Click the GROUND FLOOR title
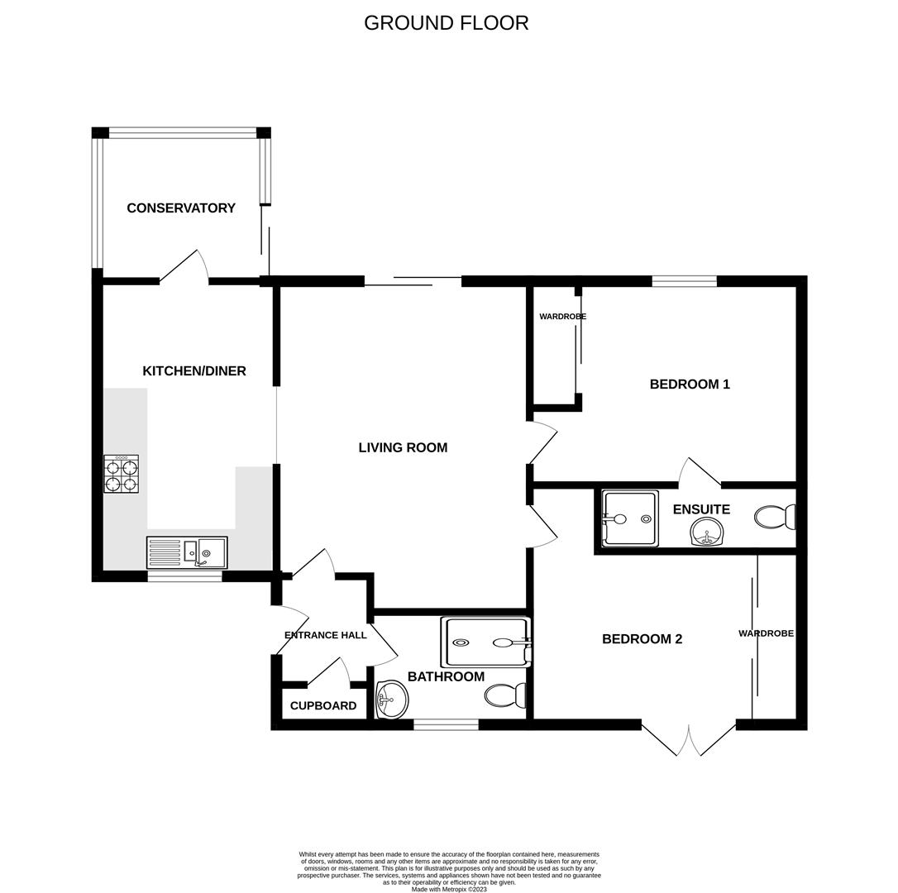[x=446, y=23]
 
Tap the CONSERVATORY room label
[x=181, y=208]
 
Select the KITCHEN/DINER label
[x=194, y=371]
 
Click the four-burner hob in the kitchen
[x=121, y=474]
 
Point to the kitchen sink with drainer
[x=187, y=552]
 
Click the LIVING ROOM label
[x=403, y=447]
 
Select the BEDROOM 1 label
[x=690, y=384]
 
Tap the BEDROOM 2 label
[x=642, y=639]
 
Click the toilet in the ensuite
[x=774, y=518]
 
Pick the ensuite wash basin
[x=705, y=532]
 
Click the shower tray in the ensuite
[x=630, y=518]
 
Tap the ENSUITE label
[x=701, y=509]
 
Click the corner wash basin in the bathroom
[x=391, y=700]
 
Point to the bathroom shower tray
[x=486, y=642]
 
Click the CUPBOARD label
[x=323, y=706]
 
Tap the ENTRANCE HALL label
[x=325, y=635]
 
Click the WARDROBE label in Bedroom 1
[x=562, y=317]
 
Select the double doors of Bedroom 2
[x=689, y=739]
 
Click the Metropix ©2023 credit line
[x=449, y=890]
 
